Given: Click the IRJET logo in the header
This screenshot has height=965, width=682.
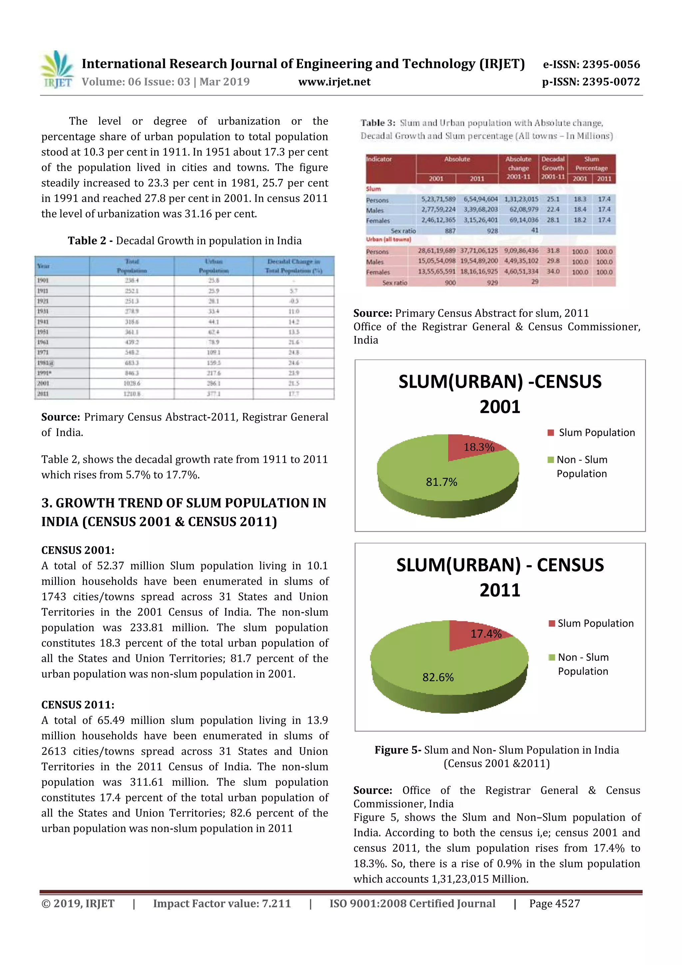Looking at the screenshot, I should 57,69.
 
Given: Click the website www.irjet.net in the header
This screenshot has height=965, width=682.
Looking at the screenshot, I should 334,82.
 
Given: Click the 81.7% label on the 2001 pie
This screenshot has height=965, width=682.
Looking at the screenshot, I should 441,482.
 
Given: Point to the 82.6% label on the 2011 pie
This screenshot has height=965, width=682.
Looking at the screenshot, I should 438,677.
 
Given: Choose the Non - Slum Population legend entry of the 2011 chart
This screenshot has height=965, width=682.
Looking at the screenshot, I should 582,664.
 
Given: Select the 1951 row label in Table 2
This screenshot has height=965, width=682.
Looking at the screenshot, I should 43,332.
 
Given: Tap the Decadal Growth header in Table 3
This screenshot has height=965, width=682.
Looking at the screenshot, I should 552,168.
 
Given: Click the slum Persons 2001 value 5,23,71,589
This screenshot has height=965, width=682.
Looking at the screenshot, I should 438,199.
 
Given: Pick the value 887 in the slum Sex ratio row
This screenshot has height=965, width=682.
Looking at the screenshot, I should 450,231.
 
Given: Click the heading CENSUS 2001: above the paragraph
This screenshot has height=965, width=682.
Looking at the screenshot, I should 78,550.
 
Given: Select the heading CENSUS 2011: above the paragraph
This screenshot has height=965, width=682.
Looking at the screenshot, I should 78,705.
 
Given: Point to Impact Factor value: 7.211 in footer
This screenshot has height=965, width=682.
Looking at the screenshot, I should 222,904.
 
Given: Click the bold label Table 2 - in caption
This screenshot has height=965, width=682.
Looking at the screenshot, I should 90,241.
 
